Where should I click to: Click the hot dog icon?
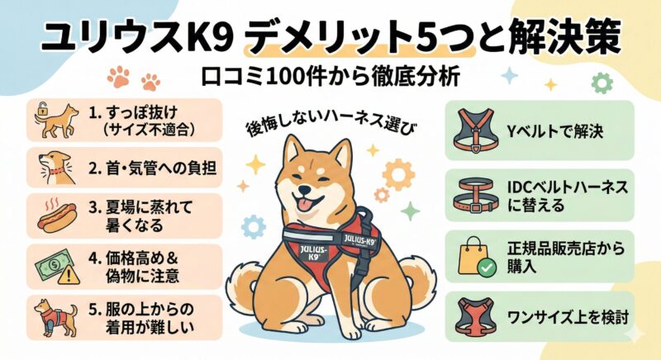click(x=57, y=216)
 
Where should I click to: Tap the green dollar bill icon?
click(x=53, y=264)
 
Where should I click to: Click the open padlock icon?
click(x=41, y=109)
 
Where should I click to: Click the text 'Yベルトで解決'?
click(x=555, y=132)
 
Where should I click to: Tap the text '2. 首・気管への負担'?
click(x=152, y=168)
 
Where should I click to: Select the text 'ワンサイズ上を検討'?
click(x=568, y=316)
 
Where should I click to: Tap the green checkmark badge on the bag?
click(x=487, y=267)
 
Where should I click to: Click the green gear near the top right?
click(x=602, y=83)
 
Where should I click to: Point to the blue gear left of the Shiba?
click(x=254, y=226)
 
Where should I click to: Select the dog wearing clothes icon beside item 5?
click(x=55, y=318)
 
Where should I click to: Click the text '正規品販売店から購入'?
click(x=566, y=258)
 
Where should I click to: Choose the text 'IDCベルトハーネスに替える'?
click(x=568, y=197)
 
